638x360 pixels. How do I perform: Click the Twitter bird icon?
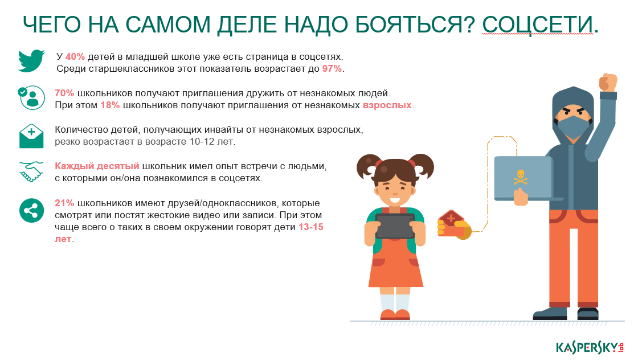point(31,60)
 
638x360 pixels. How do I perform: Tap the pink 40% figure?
point(75,57)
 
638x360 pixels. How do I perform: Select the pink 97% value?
point(332,69)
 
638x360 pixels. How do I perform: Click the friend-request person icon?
point(31,97)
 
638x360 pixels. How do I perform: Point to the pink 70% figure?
point(64,93)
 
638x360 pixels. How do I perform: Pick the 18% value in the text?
point(110,105)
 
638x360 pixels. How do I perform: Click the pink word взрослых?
point(387,105)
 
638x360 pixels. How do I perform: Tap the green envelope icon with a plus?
point(31,136)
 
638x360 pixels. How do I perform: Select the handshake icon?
point(31,171)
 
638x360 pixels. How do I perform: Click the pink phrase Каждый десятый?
point(97,166)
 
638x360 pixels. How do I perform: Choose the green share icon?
point(31,210)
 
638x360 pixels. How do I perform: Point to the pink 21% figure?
point(64,203)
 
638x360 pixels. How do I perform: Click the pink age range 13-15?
point(311,227)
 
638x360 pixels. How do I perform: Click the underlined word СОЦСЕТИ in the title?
point(538,24)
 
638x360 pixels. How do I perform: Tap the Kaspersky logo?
point(590,348)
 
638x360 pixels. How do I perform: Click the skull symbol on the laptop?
point(520,177)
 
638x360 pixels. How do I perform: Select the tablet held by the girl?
point(395,226)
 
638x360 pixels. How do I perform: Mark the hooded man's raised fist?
point(608,82)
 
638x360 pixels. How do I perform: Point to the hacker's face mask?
point(573,126)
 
